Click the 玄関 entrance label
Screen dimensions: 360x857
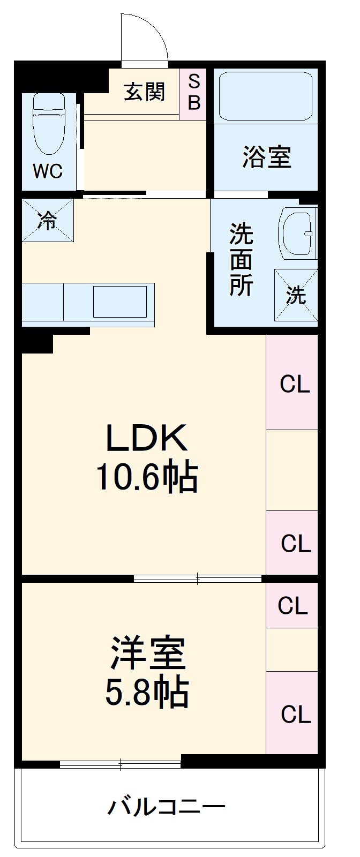coord(145,92)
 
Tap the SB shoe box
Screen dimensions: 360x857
coord(193,94)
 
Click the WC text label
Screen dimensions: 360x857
coord(48,171)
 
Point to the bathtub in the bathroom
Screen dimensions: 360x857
coord(266,96)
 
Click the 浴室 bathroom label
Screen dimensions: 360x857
coord(267,157)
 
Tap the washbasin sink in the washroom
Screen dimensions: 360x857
coord(298,234)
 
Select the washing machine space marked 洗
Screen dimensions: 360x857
coord(296,295)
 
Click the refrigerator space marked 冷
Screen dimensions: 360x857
coord(48,220)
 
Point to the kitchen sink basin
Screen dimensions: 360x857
coord(120,302)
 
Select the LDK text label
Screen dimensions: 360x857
coord(147,437)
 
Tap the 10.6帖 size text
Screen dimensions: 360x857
coord(147,477)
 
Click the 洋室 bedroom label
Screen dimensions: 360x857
coord(148,653)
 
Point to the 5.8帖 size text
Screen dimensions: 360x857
coord(147,692)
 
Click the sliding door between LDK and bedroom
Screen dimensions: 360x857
coord(197,578)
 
